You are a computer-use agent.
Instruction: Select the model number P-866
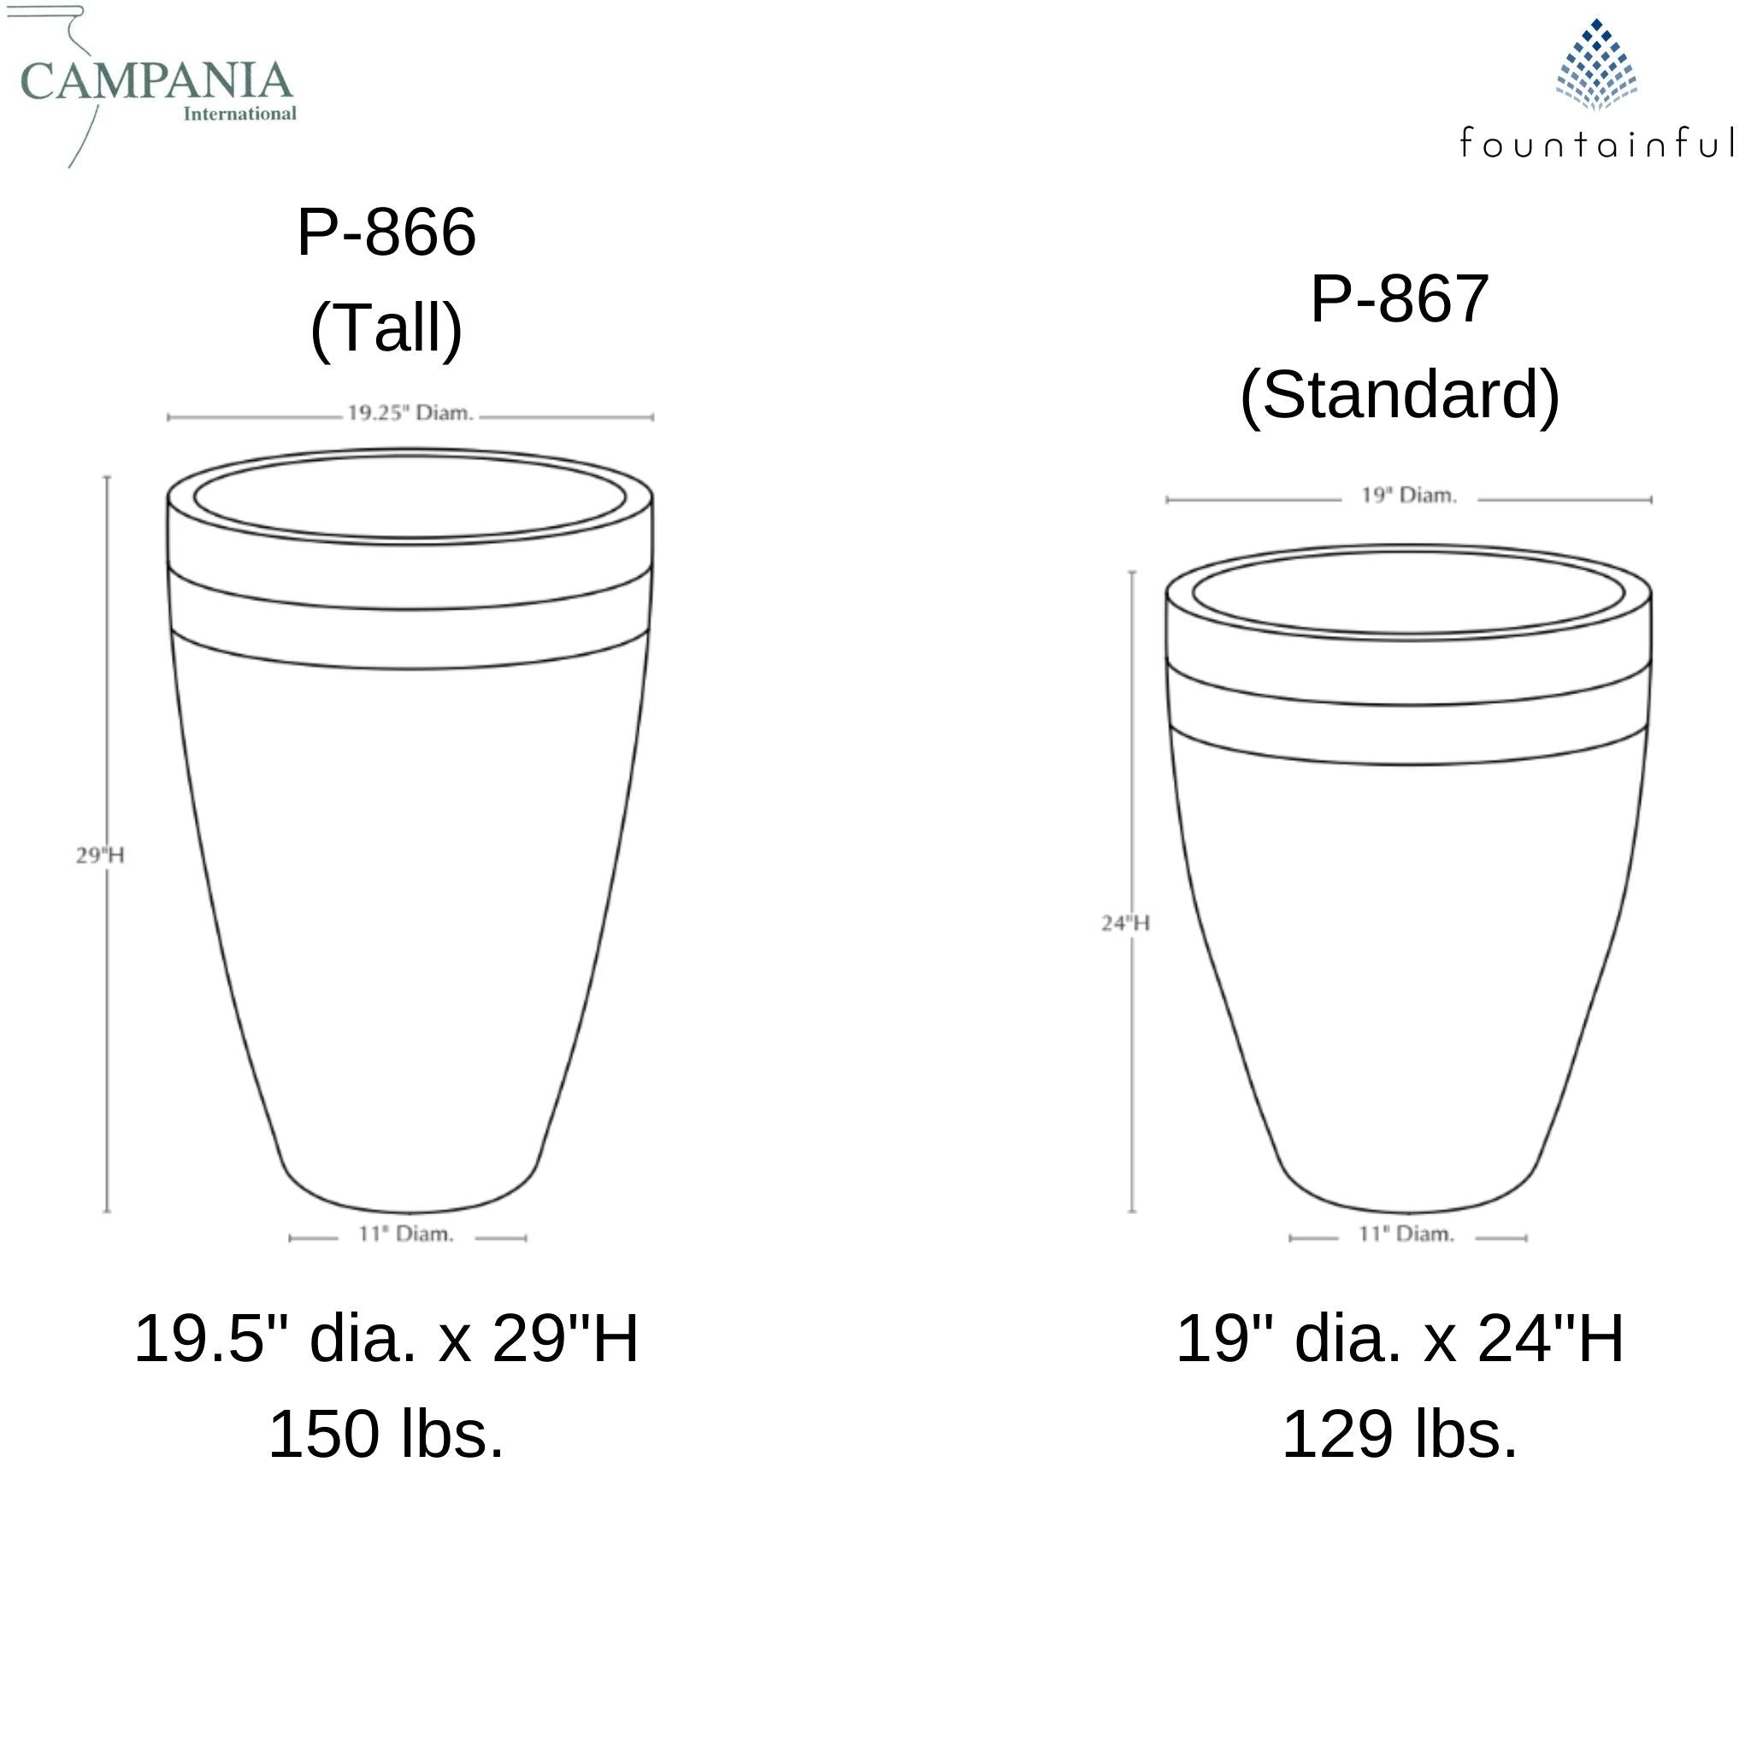coord(387,233)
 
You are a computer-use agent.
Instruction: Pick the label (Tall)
coord(387,328)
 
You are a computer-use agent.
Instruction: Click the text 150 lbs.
coord(387,1436)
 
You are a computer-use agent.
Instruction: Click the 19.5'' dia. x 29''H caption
coord(387,1340)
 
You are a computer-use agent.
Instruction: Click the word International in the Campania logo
coord(240,115)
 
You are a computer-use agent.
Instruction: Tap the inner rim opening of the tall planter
coord(410,499)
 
